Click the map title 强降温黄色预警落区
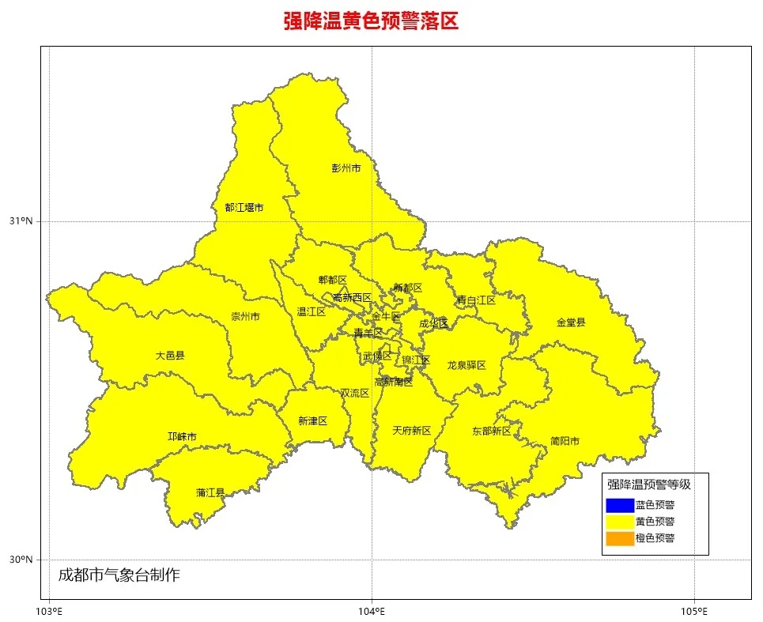click(x=371, y=21)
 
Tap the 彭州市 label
click(x=346, y=168)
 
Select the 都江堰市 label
click(x=244, y=208)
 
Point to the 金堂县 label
click(x=571, y=322)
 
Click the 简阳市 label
click(x=565, y=441)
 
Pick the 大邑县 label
click(x=170, y=356)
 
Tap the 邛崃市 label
click(x=183, y=437)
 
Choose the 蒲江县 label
click(x=210, y=493)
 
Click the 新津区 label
click(x=312, y=421)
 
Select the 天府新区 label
click(x=412, y=431)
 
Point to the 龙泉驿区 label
click(x=466, y=365)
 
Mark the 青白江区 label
click(x=476, y=300)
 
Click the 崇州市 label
click(x=245, y=317)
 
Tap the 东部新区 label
click(x=492, y=431)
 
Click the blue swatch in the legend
click(x=620, y=505)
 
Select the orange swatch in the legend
click(x=620, y=539)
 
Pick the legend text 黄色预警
click(x=655, y=522)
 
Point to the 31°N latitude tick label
click(x=21, y=221)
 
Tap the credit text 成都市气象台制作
click(x=119, y=575)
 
